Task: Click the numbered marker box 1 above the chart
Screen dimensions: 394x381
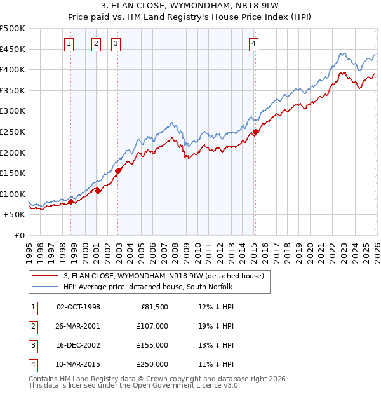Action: click(x=69, y=44)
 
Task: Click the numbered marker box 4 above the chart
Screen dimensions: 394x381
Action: click(x=253, y=44)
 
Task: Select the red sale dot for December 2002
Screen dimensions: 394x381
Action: click(x=118, y=171)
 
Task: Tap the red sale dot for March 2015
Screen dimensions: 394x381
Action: click(x=255, y=132)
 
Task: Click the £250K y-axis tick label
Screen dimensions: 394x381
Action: click(x=13, y=132)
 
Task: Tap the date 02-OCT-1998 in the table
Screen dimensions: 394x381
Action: click(x=78, y=307)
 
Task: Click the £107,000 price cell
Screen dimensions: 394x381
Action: click(x=152, y=326)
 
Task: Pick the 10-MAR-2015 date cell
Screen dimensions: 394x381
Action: click(x=78, y=364)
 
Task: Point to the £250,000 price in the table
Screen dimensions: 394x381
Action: click(x=152, y=364)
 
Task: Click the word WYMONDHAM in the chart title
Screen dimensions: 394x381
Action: click(x=185, y=6)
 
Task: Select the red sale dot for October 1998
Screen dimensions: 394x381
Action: click(x=70, y=201)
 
